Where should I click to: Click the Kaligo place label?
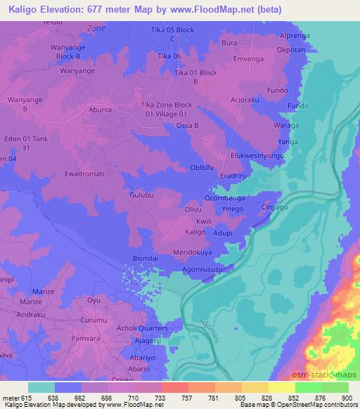coord(195,231)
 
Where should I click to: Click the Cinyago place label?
coord(276,208)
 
